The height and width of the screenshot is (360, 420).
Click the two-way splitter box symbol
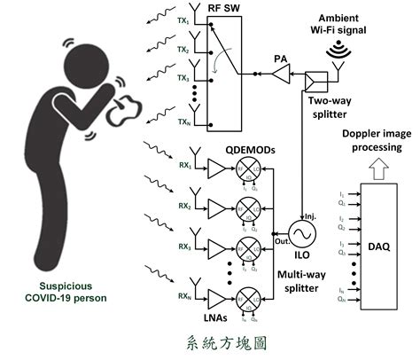[314, 82]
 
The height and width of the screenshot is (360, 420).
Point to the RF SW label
[223, 10]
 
